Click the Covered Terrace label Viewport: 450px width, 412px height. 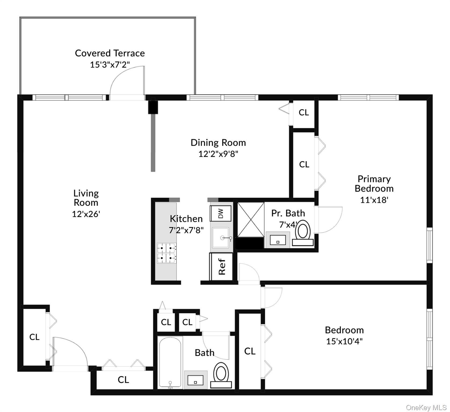pos(110,53)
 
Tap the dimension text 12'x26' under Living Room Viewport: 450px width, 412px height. pos(86,214)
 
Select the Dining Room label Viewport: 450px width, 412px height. pos(218,143)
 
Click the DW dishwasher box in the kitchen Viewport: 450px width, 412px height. pos(220,214)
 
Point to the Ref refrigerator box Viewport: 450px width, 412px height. pos(221,267)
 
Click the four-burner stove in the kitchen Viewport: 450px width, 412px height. pos(166,253)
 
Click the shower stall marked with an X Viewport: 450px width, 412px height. pos(251,220)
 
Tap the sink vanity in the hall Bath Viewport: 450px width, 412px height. pos(195,380)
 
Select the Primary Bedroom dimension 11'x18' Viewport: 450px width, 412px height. pos(374,200)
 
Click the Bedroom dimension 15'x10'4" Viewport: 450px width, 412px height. pos(344,341)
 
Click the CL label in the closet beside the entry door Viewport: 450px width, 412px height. pos(34,337)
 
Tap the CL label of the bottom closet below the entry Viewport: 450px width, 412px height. pos(123,380)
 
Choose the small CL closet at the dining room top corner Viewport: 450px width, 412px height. pos(304,112)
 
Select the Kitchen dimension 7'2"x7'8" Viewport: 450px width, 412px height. pos(186,230)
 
